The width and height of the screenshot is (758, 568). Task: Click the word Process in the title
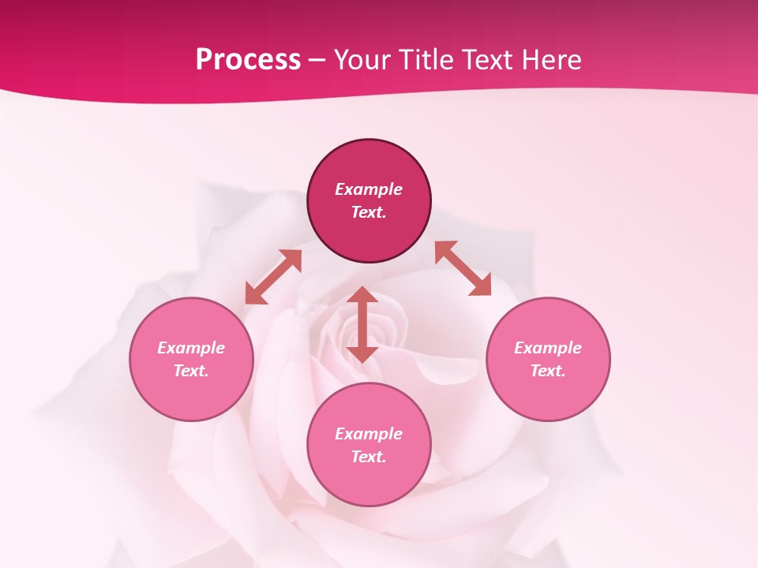click(x=248, y=60)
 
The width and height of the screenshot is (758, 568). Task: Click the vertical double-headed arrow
click(x=362, y=324)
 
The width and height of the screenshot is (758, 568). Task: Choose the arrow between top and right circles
click(x=463, y=268)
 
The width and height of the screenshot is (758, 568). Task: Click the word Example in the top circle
click(x=369, y=189)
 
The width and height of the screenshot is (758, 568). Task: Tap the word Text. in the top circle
click(x=369, y=212)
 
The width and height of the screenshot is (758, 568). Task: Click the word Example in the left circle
click(x=191, y=348)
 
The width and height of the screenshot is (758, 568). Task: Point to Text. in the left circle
click(x=191, y=371)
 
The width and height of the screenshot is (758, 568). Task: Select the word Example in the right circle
click(x=548, y=348)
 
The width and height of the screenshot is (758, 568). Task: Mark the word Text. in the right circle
click(x=548, y=371)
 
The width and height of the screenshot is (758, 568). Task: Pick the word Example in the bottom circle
click(x=369, y=434)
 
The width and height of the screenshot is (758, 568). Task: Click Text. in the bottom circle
click(x=369, y=457)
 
